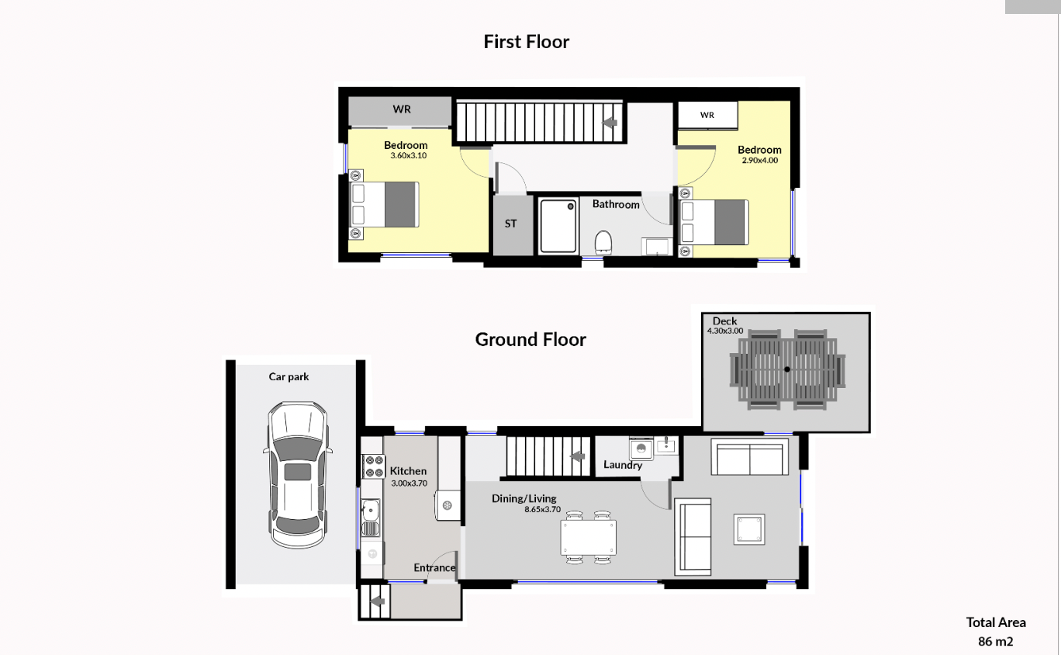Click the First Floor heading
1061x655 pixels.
527,42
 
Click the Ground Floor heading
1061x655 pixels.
530,339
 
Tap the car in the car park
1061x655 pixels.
298,475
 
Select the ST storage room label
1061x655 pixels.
510,224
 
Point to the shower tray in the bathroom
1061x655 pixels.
558,226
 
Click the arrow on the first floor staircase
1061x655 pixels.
610,123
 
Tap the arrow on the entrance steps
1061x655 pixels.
377,601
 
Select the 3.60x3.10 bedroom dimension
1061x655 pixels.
408,155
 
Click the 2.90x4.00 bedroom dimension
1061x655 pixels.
760,160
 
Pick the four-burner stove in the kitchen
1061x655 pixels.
373,466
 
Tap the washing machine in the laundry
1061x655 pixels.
641,449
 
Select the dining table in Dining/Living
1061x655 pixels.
589,537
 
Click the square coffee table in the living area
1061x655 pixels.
749,529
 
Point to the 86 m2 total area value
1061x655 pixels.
996,642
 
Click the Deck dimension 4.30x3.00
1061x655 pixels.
725,331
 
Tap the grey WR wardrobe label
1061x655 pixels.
402,109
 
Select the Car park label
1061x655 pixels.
289,377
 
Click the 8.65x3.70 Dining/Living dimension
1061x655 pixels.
542,510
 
